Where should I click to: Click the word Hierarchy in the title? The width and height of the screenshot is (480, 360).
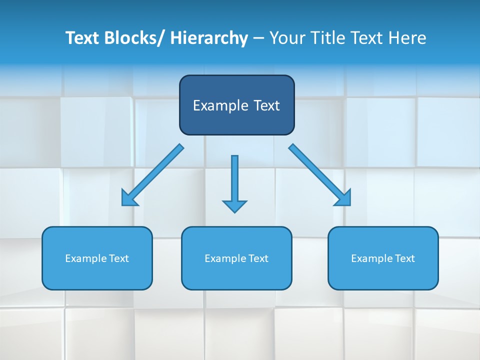tap(209, 38)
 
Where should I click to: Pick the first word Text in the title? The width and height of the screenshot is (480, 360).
tap(82, 38)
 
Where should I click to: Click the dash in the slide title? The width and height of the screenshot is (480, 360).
tap(258, 38)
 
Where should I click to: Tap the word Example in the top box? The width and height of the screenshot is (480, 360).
tap(220, 105)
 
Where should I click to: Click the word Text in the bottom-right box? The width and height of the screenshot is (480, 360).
tap(404, 258)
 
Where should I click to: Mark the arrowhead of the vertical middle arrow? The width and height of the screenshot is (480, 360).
tap(234, 205)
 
